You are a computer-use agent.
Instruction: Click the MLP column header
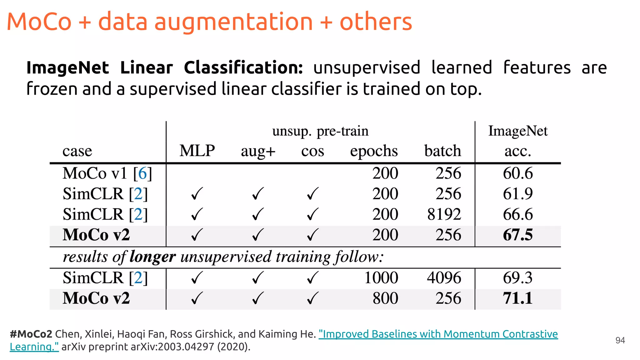[x=197, y=151]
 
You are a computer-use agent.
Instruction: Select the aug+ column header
[x=258, y=151]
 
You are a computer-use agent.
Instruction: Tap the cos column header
[x=312, y=151]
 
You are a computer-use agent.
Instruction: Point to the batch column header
[x=442, y=151]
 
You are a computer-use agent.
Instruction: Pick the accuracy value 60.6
[x=517, y=173]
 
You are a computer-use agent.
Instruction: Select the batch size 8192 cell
[x=444, y=214]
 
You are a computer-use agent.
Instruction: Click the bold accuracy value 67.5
[x=517, y=235]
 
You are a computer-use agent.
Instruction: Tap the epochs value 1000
[x=381, y=277]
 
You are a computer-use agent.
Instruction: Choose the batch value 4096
[x=444, y=277]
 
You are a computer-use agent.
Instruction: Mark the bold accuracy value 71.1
[x=517, y=298]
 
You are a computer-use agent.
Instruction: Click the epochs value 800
[x=385, y=298]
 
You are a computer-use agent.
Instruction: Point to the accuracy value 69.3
[x=517, y=277]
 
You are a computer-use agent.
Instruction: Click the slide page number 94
[x=620, y=340]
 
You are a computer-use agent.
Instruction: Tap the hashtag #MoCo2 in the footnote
[x=31, y=334]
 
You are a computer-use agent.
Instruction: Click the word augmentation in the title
[x=233, y=22]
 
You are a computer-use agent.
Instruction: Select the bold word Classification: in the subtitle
[x=243, y=67]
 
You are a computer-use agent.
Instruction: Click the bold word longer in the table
[x=152, y=257]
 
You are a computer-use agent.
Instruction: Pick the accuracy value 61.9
[x=517, y=194]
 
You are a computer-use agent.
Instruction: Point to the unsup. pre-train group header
[x=320, y=131]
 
